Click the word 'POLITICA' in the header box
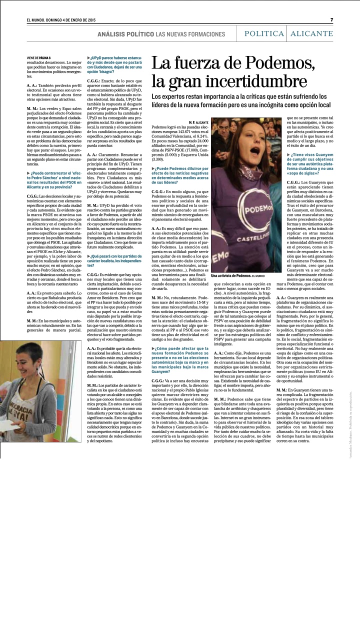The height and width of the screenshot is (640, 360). [x=264, y=33]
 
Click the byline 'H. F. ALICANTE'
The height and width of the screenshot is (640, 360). [x=198, y=122]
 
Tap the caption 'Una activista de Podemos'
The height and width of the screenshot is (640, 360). [x=230, y=275]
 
